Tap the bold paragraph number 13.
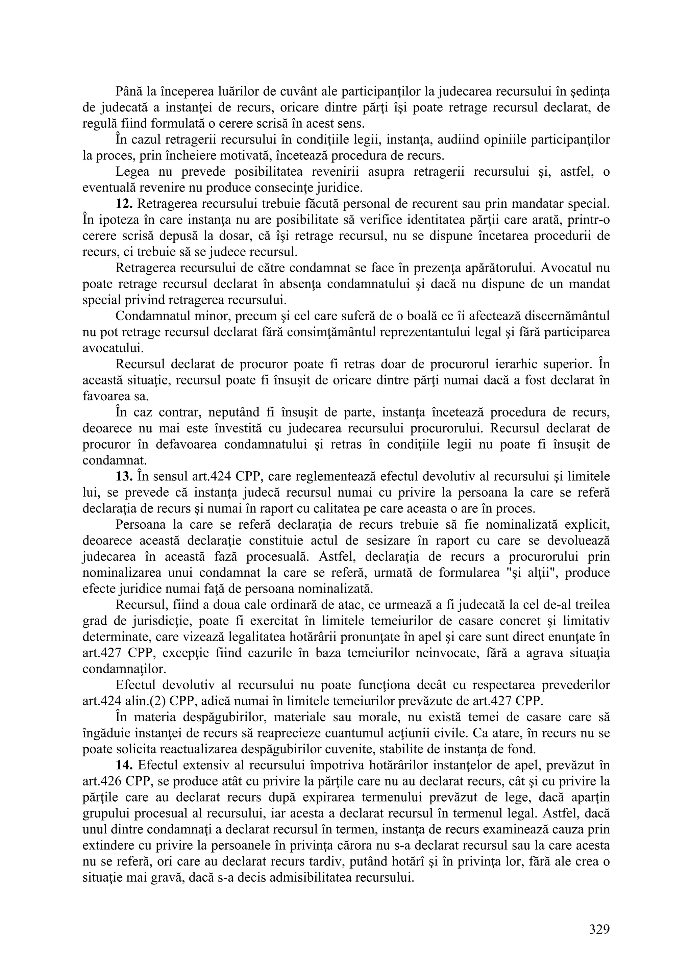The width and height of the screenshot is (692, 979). click(x=124, y=476)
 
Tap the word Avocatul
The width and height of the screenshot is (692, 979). click(x=566, y=268)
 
